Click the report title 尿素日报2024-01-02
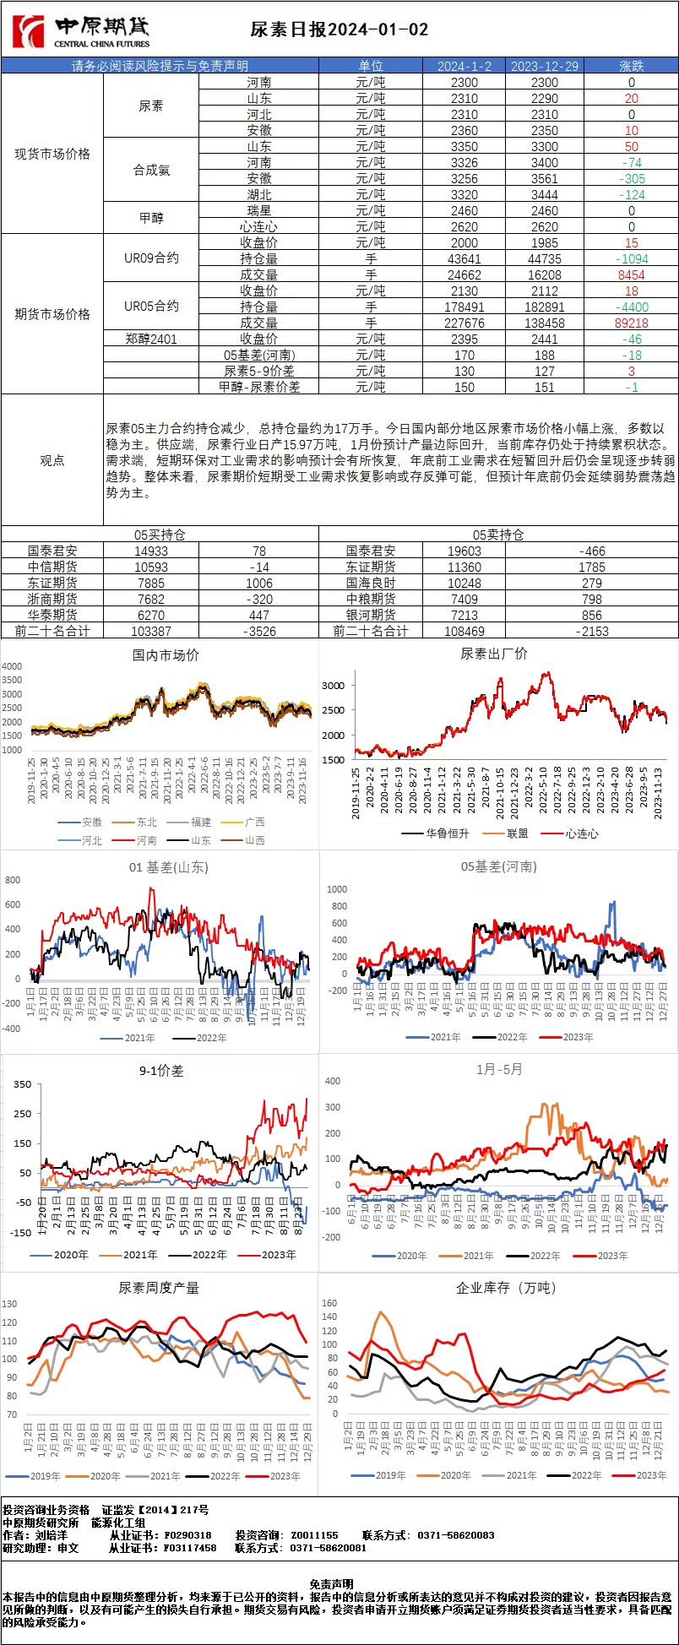coord(339,30)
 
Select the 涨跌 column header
coord(631,66)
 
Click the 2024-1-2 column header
coord(464,66)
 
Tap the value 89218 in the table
coord(631,323)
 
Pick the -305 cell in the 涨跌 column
coord(631,178)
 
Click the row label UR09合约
coord(151,258)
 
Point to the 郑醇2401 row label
coord(151,339)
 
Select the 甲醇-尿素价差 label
coord(258,387)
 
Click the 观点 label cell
coord(52,460)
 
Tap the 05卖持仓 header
coord(498,535)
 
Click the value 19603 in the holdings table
coord(464,551)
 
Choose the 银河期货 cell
coord(370,615)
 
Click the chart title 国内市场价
coord(166,654)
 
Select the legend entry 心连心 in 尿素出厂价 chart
coord(582,833)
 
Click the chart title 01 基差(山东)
coord(169,867)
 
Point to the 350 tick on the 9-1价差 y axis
coord(23,1084)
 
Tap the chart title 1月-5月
coord(499,1069)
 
